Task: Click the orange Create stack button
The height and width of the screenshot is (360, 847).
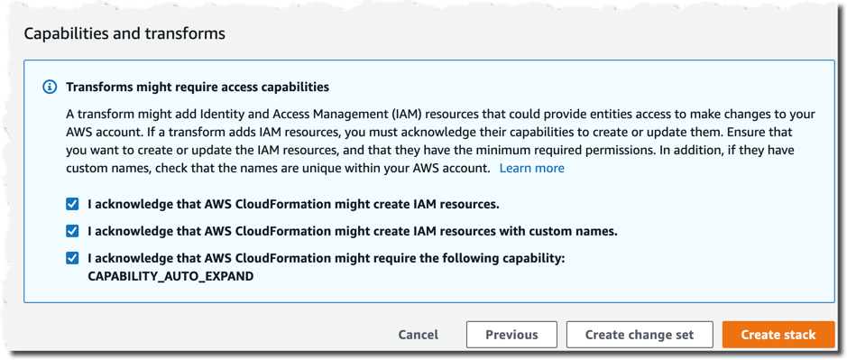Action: [778, 335]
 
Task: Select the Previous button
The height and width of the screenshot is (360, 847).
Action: [511, 335]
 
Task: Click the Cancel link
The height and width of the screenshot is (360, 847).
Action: [419, 335]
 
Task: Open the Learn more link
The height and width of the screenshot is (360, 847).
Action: [532, 169]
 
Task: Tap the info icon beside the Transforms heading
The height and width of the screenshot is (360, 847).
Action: [50, 88]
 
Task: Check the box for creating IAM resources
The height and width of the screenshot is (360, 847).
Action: [72, 204]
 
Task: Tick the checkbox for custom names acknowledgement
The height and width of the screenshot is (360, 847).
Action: [72, 231]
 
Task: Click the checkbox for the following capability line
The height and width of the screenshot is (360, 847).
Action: [72, 258]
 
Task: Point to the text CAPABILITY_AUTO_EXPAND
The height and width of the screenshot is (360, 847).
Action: [170, 276]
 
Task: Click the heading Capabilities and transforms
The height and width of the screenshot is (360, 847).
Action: [124, 33]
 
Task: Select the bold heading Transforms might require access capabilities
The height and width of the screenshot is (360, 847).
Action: [198, 88]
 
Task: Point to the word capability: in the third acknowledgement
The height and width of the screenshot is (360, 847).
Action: [531, 258]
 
